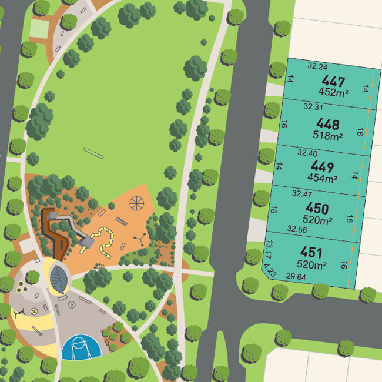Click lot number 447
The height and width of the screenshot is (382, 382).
pyautogui.click(x=333, y=82)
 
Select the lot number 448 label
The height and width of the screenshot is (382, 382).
pyautogui.click(x=327, y=124)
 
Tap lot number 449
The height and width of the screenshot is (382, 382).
pyautogui.click(x=322, y=166)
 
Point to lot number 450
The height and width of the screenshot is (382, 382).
pyautogui.click(x=317, y=208)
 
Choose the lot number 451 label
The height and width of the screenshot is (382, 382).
pyautogui.click(x=312, y=253)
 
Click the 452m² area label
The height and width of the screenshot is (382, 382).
pyautogui.click(x=333, y=92)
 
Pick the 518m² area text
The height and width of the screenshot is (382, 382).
pyautogui.click(x=328, y=136)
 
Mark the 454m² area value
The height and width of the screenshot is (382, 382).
pyautogui.click(x=322, y=177)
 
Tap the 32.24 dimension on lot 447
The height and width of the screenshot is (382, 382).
pyautogui.click(x=317, y=67)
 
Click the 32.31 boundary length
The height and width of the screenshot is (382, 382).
pyautogui.click(x=313, y=108)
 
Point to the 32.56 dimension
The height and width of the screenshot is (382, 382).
pyautogui.click(x=297, y=230)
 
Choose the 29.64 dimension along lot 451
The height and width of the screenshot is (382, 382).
pyautogui.click(x=296, y=276)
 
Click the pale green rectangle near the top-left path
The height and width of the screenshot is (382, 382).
pyautogui.click(x=39, y=28)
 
